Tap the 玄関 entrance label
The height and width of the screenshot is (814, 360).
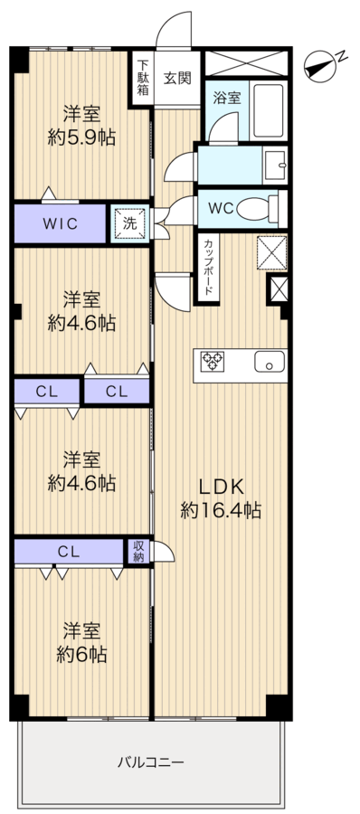(x=177, y=78)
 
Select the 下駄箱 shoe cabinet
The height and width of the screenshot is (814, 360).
(x=142, y=79)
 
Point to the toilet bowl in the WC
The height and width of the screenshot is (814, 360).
(x=258, y=209)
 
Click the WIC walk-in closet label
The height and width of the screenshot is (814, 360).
(x=61, y=224)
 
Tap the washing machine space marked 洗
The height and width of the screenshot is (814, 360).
(x=129, y=224)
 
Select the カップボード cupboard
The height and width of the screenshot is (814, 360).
(x=207, y=268)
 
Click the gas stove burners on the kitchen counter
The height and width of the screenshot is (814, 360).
(x=213, y=360)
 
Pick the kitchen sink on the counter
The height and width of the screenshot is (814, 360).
(x=270, y=361)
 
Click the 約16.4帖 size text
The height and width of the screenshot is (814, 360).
(x=221, y=511)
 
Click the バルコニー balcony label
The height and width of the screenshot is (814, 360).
(x=150, y=762)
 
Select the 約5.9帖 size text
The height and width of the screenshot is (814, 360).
(x=81, y=137)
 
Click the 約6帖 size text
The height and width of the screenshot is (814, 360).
(x=81, y=654)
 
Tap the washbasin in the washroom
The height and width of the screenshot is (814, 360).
(x=275, y=165)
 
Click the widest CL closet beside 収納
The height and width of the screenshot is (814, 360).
(x=69, y=552)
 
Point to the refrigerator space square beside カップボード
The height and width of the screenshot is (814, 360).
(x=271, y=253)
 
